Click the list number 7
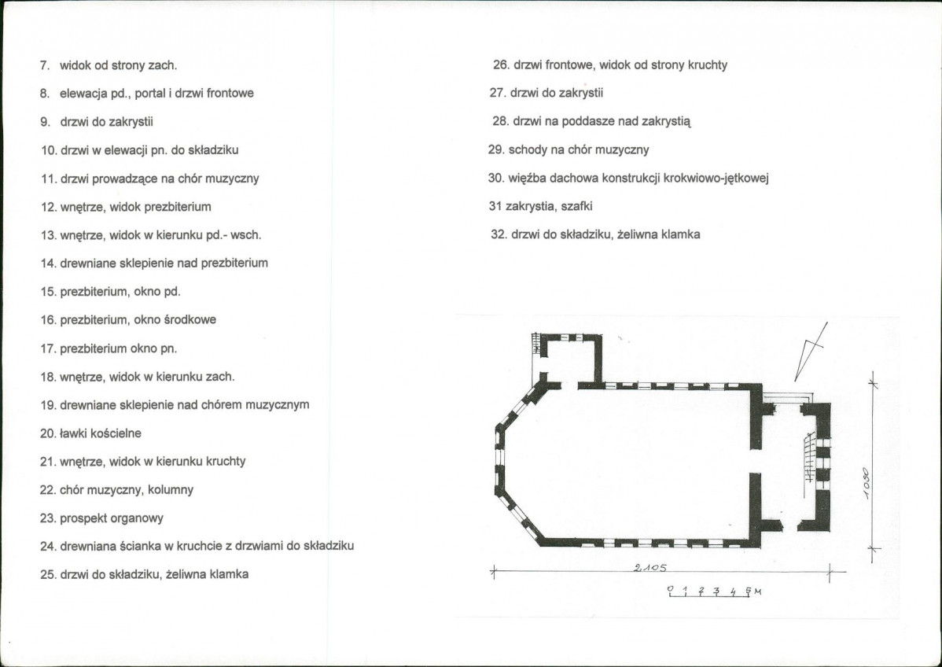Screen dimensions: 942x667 click(x=45, y=65)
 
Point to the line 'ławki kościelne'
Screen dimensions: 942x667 click(x=101, y=433)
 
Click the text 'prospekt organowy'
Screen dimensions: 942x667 click(x=111, y=518)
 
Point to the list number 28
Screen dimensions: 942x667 click(x=501, y=121)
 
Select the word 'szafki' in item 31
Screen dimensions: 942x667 click(x=576, y=207)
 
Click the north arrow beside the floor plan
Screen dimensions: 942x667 click(x=811, y=352)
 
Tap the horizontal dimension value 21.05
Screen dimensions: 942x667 click(x=649, y=567)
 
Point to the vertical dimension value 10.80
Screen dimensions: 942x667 click(x=866, y=482)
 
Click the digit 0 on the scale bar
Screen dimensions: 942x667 click(x=670, y=589)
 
